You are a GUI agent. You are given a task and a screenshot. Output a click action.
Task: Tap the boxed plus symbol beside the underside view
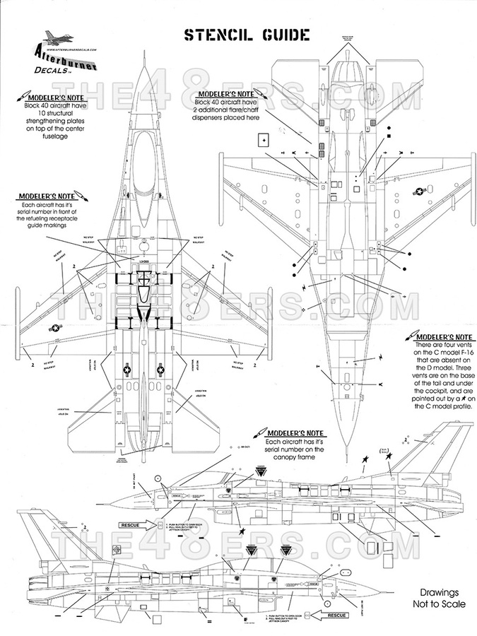pyautogui.click(x=264, y=140)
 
